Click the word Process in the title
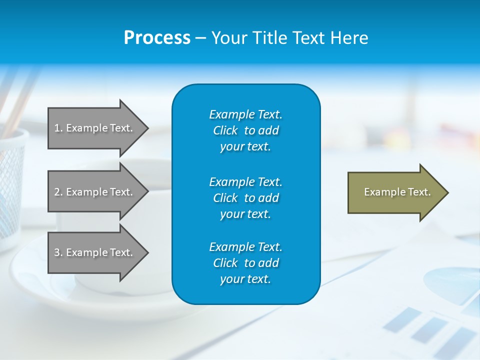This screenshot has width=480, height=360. (x=157, y=38)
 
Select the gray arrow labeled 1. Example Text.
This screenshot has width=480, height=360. (x=95, y=128)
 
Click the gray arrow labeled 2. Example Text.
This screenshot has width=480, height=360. (x=95, y=192)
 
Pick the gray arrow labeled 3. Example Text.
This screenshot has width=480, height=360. (x=95, y=252)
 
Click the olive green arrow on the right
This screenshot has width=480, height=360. (x=395, y=192)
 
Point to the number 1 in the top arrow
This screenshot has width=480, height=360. (x=57, y=128)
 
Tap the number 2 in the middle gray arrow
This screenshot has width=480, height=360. (x=57, y=192)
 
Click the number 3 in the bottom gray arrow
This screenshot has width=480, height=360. (x=57, y=252)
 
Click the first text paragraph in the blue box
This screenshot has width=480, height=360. (x=245, y=130)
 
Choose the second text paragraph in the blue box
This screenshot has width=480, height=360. (x=245, y=198)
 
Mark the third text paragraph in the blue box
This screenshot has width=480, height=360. (x=245, y=263)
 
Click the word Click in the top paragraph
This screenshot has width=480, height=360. (x=225, y=130)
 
